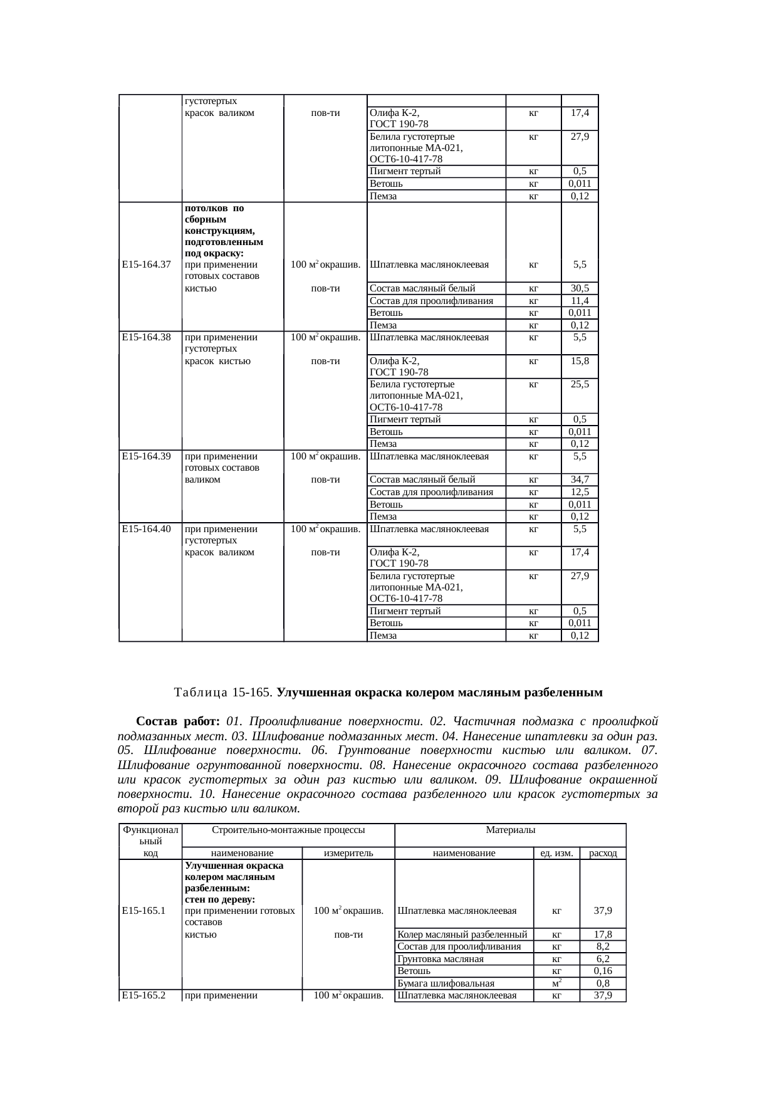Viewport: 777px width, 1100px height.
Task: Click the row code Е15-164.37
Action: click(x=147, y=265)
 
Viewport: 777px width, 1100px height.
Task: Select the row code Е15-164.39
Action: click(x=147, y=456)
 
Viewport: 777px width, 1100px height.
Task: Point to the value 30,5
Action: click(x=580, y=288)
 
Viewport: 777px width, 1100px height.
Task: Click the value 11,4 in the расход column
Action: click(x=580, y=301)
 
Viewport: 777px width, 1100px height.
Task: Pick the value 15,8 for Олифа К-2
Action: click(x=580, y=361)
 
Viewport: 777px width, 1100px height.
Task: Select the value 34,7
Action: click(x=580, y=480)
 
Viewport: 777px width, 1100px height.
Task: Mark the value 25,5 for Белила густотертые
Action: click(x=580, y=384)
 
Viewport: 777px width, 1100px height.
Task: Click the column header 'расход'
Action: click(x=603, y=853)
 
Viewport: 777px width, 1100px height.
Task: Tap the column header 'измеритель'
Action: click(x=348, y=853)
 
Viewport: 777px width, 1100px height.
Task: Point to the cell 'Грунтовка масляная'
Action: click(x=441, y=959)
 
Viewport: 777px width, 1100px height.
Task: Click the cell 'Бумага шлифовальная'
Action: click(x=446, y=983)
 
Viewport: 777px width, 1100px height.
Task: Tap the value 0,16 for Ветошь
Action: click(x=603, y=971)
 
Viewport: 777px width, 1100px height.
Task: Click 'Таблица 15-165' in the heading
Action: click(x=222, y=693)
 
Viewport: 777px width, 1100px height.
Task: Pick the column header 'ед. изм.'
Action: click(x=556, y=853)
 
